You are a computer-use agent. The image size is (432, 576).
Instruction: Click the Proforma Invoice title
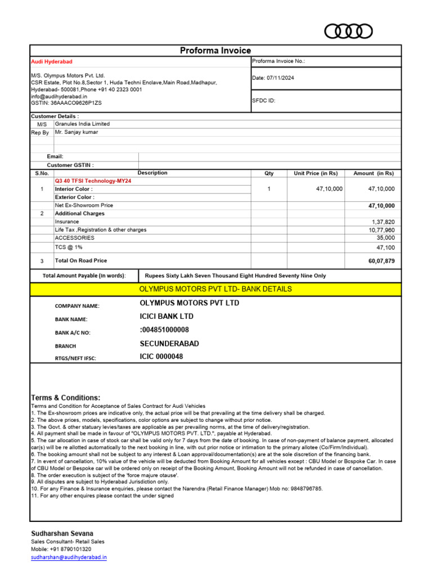click(x=215, y=51)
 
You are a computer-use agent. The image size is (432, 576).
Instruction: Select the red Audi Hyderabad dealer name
click(x=51, y=61)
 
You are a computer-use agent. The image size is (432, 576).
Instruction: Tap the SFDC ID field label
click(x=264, y=101)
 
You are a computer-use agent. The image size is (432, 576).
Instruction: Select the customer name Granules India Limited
click(x=82, y=124)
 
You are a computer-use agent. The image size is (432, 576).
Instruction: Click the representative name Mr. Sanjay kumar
click(x=76, y=132)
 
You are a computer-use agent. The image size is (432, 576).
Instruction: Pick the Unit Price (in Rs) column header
click(x=316, y=173)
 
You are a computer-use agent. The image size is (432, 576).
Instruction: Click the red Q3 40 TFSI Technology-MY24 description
click(x=94, y=181)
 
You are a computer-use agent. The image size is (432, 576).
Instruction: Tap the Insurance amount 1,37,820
click(x=383, y=222)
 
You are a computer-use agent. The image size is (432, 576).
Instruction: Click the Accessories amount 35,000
click(x=385, y=238)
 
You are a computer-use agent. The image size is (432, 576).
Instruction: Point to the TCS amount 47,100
click(x=385, y=247)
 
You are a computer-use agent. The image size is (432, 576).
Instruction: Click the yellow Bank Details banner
click(x=215, y=289)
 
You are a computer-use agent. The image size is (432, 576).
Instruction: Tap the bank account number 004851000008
click(x=165, y=330)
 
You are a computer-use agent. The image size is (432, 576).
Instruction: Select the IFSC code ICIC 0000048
click(x=161, y=357)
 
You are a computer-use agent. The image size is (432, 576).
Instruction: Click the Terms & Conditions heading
click(x=66, y=398)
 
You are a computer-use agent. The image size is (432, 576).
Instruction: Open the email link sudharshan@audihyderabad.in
click(x=69, y=557)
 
